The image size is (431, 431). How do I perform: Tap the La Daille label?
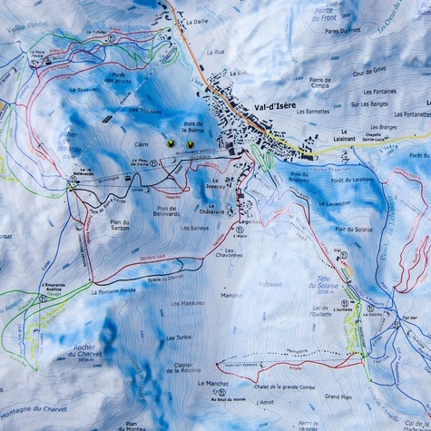coord(197,21)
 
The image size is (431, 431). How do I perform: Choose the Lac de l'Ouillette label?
coord(318,312)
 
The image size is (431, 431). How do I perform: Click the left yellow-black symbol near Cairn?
coord(170,143)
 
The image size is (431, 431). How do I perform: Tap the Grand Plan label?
coord(338,397)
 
